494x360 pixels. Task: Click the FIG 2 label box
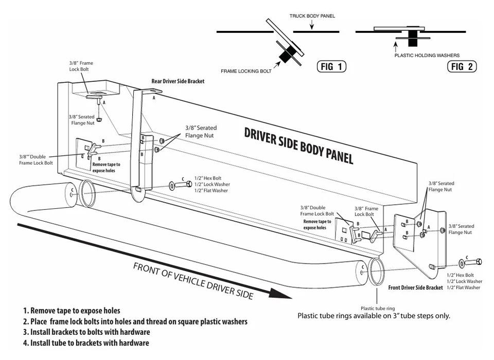click(463, 66)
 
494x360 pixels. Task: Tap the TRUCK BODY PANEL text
click(312, 16)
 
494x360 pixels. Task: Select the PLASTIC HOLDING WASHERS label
click(427, 56)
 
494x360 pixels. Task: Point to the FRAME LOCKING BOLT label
click(246, 71)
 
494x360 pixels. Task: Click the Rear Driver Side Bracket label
click(178, 81)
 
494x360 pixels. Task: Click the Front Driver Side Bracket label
click(415, 287)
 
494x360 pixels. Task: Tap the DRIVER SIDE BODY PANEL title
click(298, 145)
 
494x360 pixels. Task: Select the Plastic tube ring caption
click(378, 309)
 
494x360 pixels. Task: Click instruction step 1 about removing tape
click(72, 311)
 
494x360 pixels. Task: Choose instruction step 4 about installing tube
click(86, 343)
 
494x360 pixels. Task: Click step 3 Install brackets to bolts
click(86, 332)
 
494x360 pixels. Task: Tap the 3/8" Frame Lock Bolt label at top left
click(81, 66)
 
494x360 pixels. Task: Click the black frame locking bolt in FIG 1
click(285, 55)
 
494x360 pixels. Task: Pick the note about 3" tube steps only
click(374, 316)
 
